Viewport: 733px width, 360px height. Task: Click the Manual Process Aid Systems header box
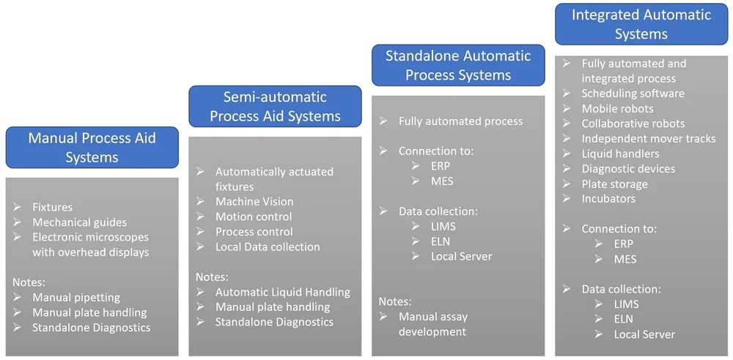click(x=92, y=147)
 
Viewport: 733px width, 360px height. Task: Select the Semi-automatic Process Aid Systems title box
click(x=275, y=106)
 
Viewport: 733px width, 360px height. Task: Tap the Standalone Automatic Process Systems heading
click(x=458, y=65)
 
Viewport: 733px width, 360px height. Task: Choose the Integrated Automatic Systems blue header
click(x=641, y=24)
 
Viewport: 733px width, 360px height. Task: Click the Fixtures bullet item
click(x=52, y=207)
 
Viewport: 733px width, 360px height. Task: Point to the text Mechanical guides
click(x=79, y=222)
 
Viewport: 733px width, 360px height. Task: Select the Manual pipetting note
click(x=75, y=297)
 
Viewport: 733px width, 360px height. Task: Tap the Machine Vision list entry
click(x=254, y=201)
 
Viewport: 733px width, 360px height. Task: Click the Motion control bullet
click(x=253, y=216)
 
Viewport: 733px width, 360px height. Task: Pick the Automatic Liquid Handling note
click(x=282, y=292)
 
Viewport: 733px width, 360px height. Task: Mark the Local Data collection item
click(x=267, y=246)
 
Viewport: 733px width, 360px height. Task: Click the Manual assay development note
click(x=432, y=324)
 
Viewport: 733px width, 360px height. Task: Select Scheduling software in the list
click(x=633, y=93)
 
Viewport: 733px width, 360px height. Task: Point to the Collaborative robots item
click(x=633, y=123)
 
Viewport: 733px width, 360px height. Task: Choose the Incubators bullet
click(x=608, y=199)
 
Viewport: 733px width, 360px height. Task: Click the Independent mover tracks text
click(x=648, y=139)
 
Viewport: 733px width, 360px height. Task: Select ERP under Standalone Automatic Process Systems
click(x=441, y=166)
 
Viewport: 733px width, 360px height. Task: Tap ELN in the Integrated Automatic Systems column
click(x=624, y=319)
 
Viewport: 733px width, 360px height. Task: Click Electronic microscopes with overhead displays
click(x=90, y=244)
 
